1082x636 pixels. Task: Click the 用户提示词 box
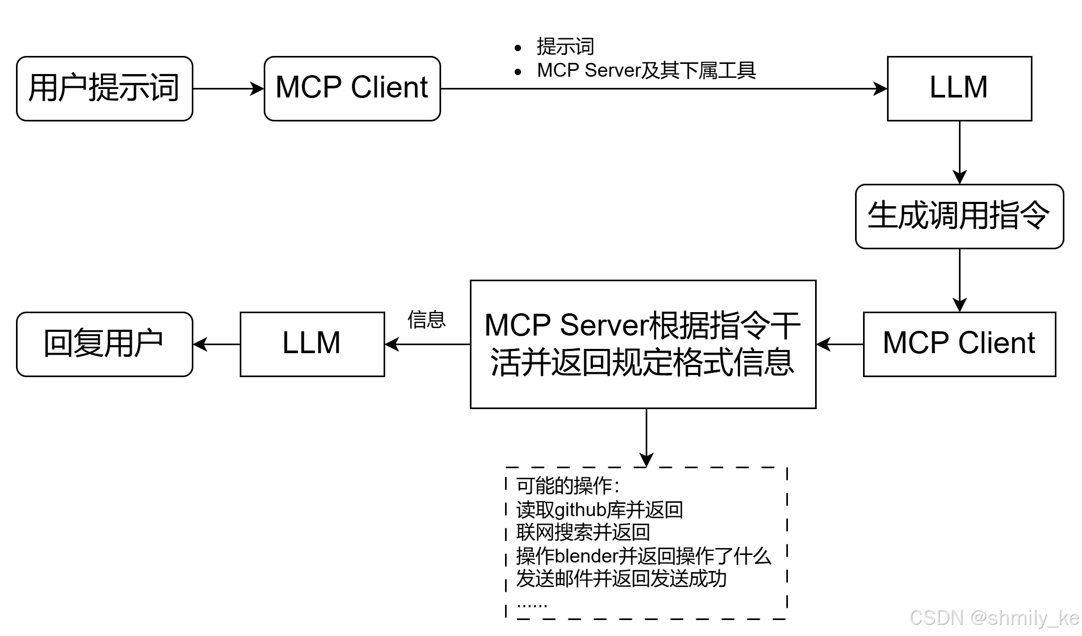[104, 88]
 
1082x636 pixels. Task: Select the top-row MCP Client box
[352, 88]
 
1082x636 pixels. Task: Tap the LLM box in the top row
[959, 88]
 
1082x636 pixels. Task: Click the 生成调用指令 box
[959, 216]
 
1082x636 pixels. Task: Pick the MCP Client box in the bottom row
[959, 344]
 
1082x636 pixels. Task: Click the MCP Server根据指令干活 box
[643, 344]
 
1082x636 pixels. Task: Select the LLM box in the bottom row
[312, 344]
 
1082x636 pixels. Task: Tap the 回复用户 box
[104, 344]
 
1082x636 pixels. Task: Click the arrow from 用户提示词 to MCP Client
[228, 88]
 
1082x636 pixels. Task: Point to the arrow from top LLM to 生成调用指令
[959, 152]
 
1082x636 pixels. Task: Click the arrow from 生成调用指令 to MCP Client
[959, 280]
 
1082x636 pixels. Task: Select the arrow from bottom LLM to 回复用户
[216, 344]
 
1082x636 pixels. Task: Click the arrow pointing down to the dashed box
[646, 437]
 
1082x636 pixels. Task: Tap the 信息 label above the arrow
[426, 320]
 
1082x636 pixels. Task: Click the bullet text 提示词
[565, 47]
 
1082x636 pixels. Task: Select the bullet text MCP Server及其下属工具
[646, 70]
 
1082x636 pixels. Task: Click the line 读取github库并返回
[599, 510]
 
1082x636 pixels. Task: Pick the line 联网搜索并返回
[583, 532]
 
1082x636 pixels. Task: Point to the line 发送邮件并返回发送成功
[621, 578]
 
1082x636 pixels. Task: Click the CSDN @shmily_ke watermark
[994, 618]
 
